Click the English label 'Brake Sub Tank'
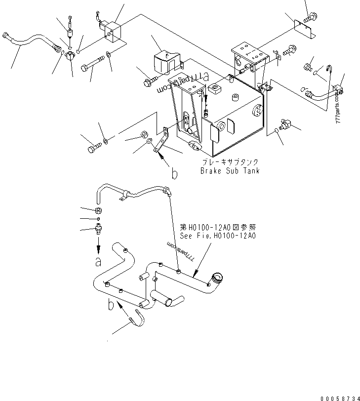click(230, 171)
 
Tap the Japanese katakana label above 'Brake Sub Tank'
click(230, 162)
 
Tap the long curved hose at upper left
click(30, 41)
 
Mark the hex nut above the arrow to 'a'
click(98, 210)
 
